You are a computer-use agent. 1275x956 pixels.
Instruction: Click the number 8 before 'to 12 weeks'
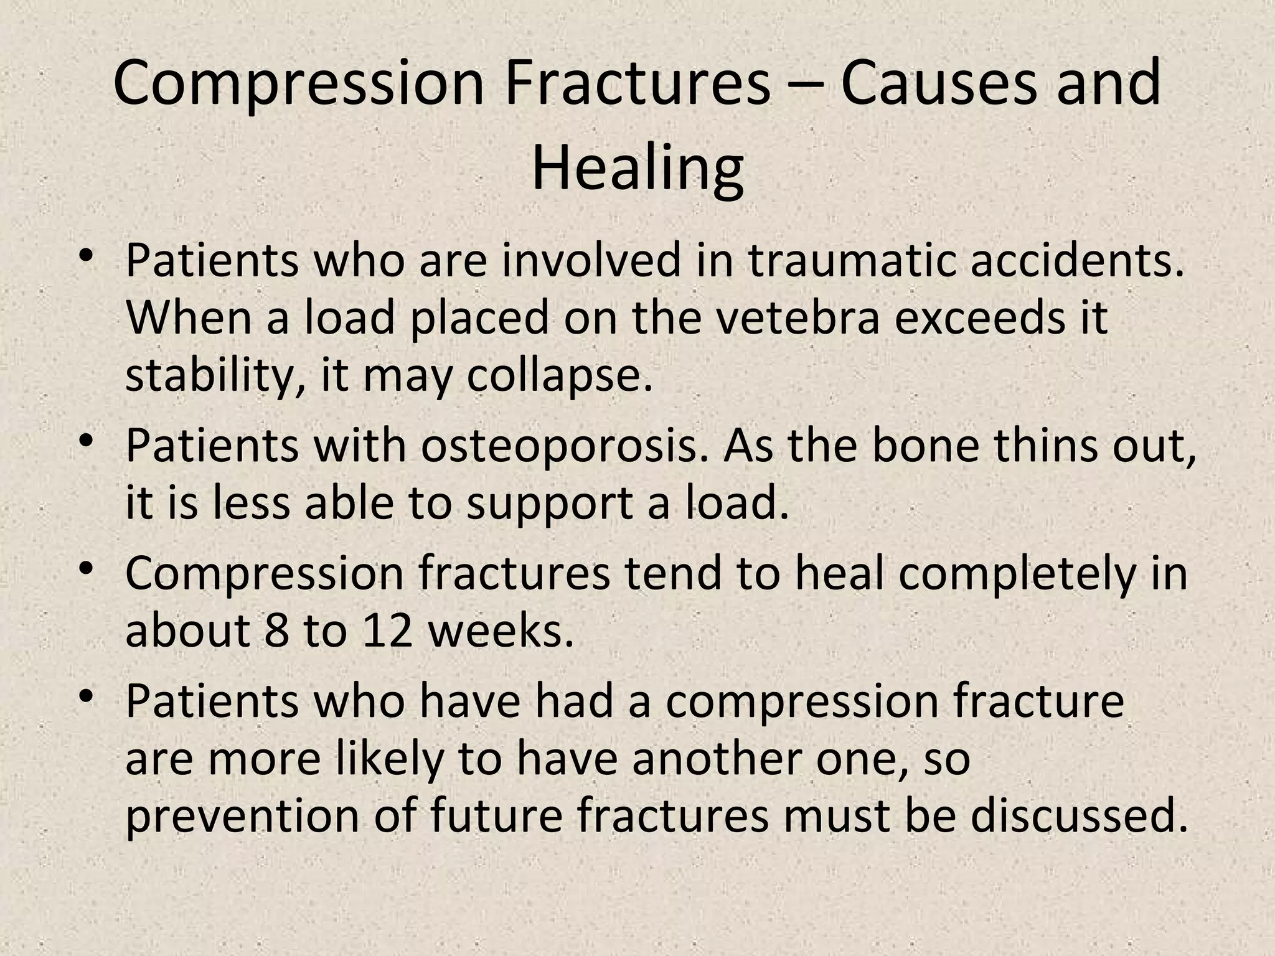pos(276,631)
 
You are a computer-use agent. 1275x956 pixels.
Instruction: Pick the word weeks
pos(501,631)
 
